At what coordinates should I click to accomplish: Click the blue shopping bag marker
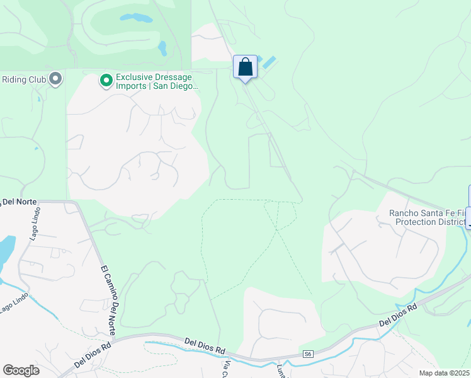(x=245, y=67)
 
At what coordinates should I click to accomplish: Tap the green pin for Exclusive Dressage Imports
(x=106, y=80)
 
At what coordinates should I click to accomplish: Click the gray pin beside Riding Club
(x=55, y=79)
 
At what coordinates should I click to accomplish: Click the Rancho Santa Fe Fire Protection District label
(x=428, y=218)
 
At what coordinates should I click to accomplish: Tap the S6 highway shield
(x=307, y=354)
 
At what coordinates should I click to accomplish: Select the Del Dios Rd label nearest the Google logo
(x=93, y=355)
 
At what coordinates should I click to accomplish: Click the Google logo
(x=21, y=370)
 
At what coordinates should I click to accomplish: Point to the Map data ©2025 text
(x=444, y=373)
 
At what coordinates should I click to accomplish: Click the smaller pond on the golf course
(x=162, y=48)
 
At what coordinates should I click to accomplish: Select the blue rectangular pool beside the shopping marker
(x=268, y=62)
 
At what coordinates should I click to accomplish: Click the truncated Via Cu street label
(x=225, y=369)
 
